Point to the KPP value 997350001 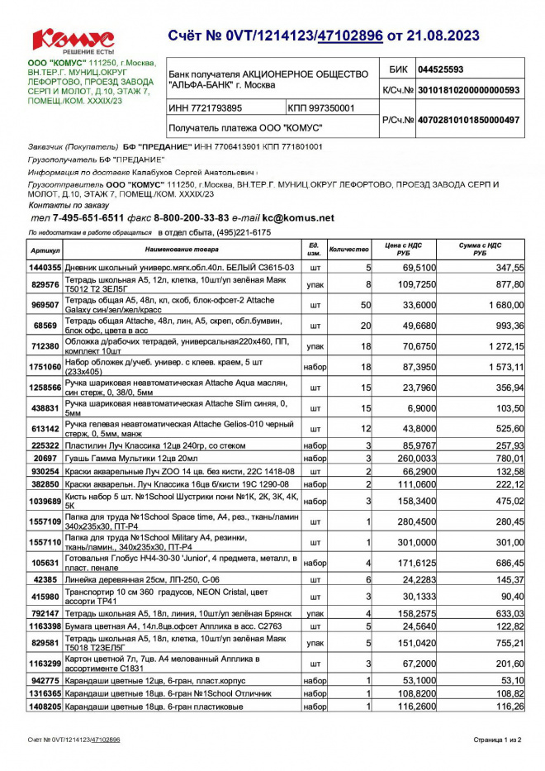(x=322, y=108)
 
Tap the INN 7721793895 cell (x=206, y=108)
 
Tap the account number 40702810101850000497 (x=468, y=120)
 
